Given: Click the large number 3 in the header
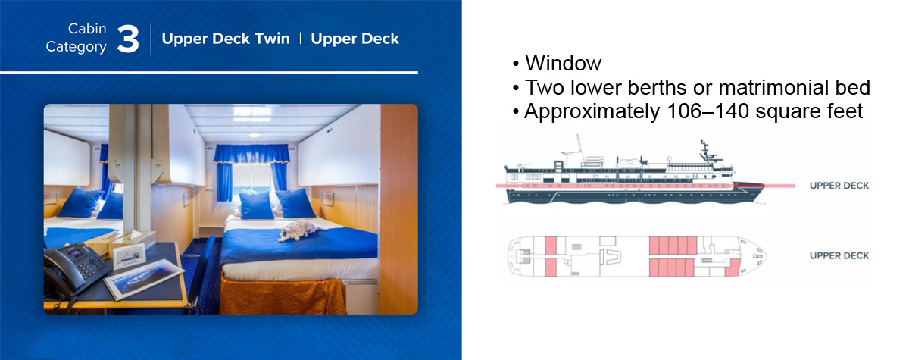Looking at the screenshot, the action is point(128,39).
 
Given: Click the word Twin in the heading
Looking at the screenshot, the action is point(272,39).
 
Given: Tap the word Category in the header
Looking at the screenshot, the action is point(76,47).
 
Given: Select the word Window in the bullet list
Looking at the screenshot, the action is point(564,63).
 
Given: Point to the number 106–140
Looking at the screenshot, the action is point(708,111).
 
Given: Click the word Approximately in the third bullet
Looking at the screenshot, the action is point(592,111).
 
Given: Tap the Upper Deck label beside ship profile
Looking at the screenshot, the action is point(839,186).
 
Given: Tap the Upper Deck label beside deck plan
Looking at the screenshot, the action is point(839,255).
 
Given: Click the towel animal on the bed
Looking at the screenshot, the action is point(300,230).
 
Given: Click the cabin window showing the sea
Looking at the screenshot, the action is point(252,182).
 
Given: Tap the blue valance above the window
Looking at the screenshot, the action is point(251,154).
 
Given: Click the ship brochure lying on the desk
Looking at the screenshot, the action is point(144,278).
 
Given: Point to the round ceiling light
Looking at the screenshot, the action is point(255,135).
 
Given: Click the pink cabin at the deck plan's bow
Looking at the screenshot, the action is point(732,268).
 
